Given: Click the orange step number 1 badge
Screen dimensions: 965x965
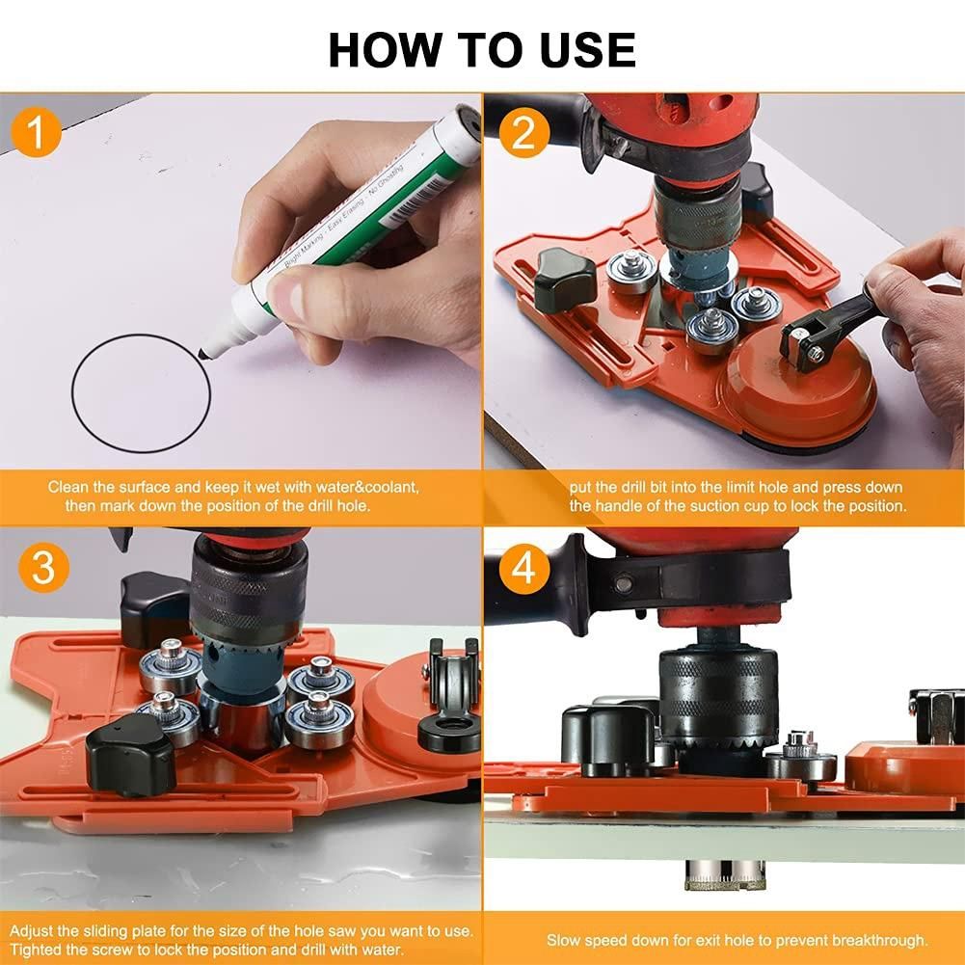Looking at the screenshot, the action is click(x=36, y=132).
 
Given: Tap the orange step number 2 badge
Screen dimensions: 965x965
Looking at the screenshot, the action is click(x=523, y=132).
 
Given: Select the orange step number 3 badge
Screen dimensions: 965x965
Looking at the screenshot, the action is click(x=43, y=568).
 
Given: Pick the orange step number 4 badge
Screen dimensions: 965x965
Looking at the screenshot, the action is click(x=523, y=568).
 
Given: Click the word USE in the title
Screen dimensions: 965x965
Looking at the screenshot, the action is click(x=588, y=50).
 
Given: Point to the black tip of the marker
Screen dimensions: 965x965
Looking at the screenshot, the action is click(x=203, y=354).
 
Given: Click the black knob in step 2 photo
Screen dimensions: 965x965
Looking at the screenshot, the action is click(x=564, y=280).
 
